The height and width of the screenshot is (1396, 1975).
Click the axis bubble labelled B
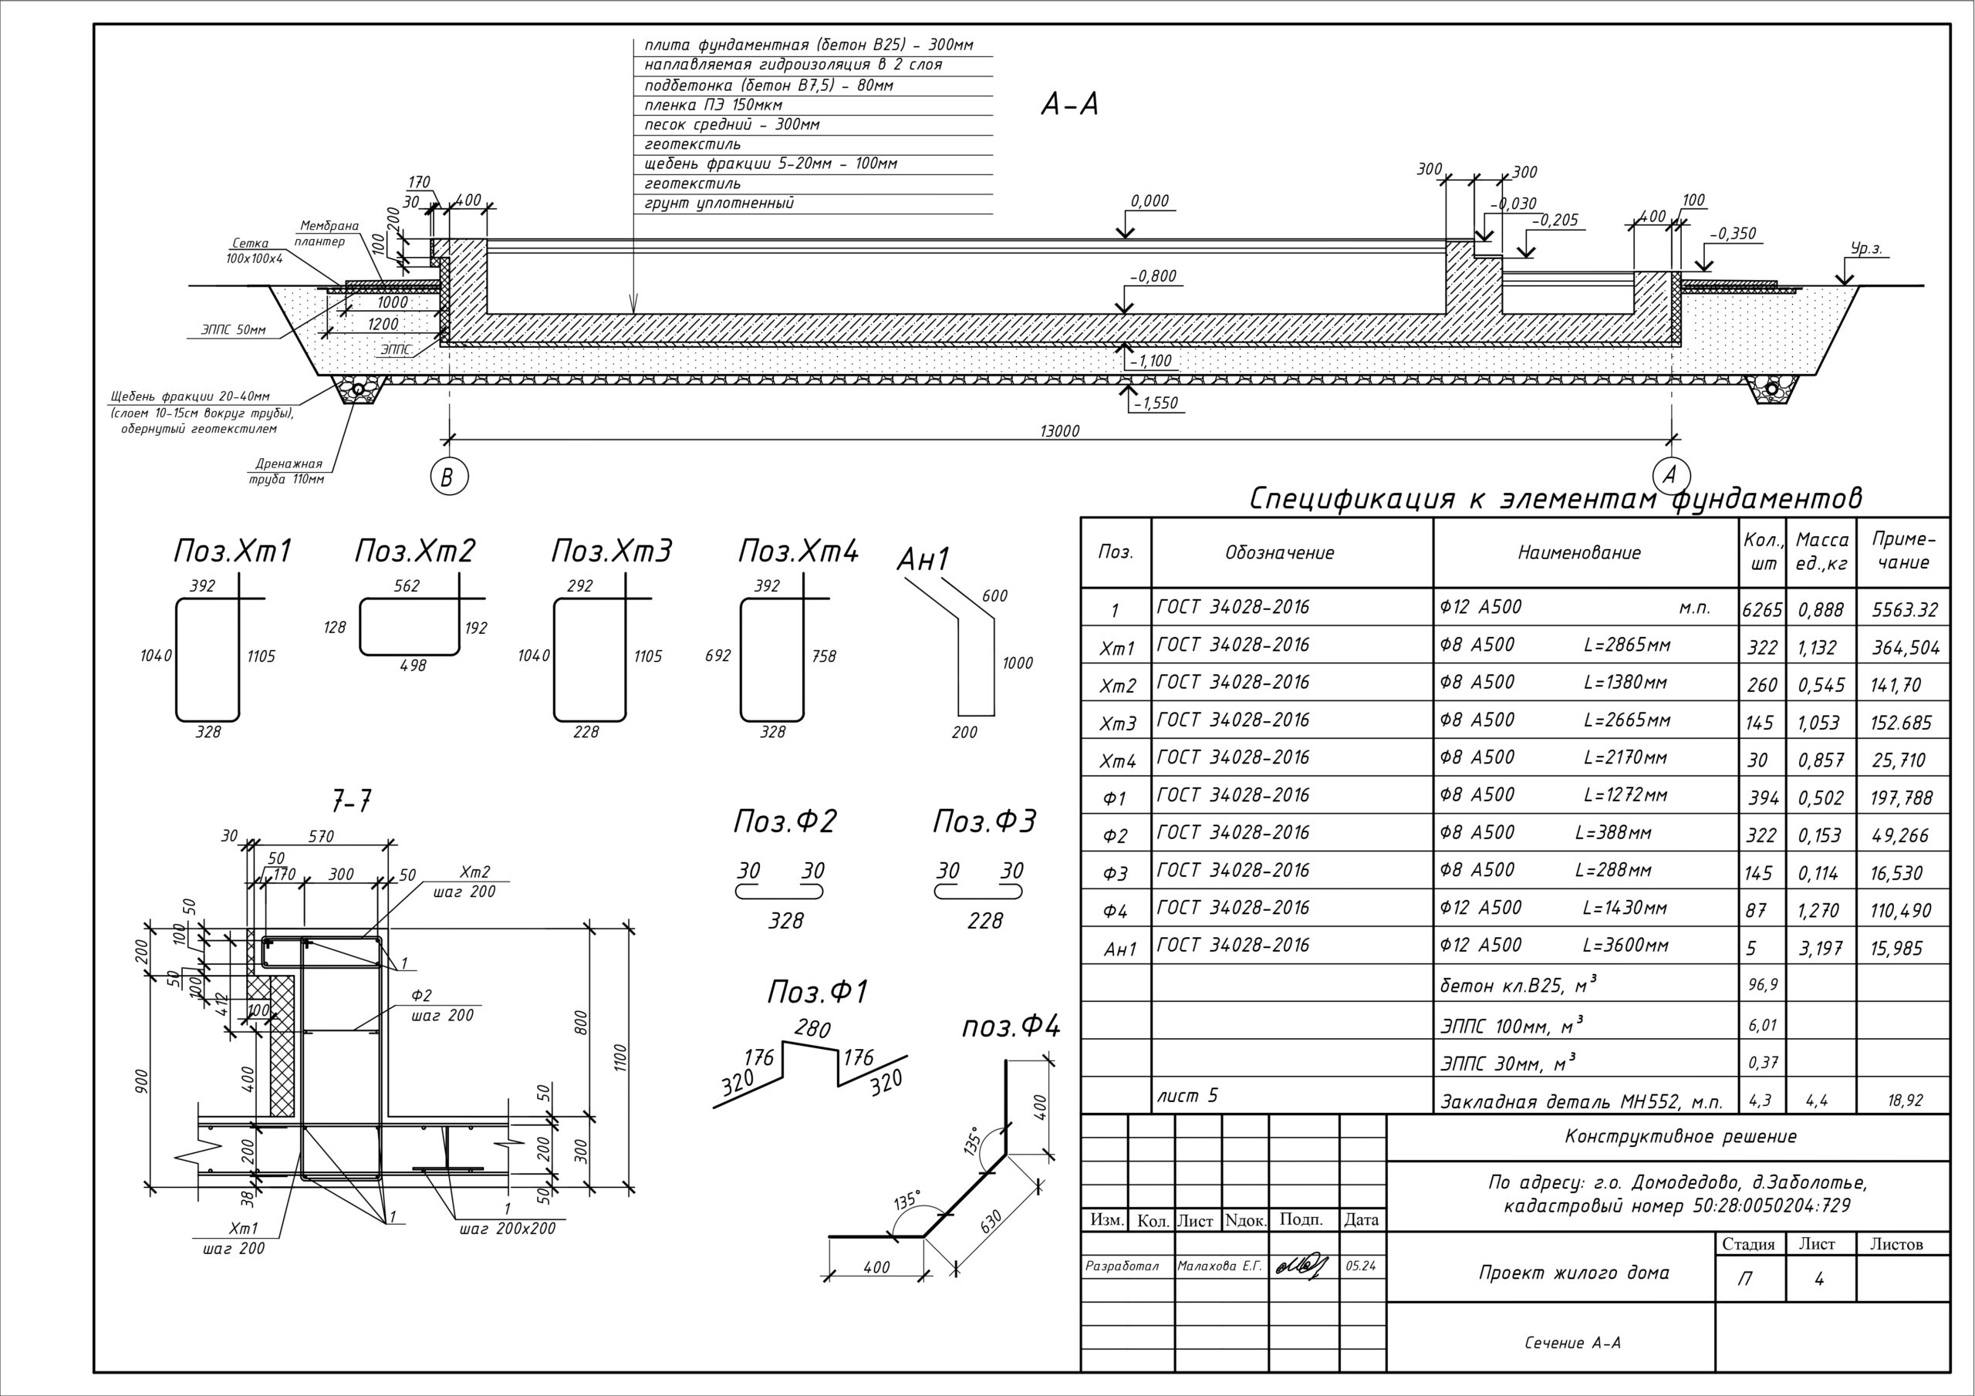click(448, 477)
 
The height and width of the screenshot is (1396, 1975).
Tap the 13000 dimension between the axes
click(1059, 432)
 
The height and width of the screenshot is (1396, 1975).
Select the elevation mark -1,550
click(1155, 403)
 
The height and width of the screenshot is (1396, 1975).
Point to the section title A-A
click(1069, 105)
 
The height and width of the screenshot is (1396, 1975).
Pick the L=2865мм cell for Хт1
click(1626, 645)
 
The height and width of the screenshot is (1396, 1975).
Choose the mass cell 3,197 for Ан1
click(1820, 948)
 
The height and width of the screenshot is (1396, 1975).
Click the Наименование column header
click(1578, 553)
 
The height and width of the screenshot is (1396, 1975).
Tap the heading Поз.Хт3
click(611, 551)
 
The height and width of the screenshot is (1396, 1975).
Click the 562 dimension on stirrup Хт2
click(406, 585)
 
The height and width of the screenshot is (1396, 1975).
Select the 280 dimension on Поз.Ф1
click(812, 1028)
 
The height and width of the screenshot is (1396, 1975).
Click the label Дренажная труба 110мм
click(287, 471)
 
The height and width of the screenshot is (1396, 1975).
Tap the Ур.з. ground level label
click(1867, 249)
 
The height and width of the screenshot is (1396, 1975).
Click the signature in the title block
click(1302, 1265)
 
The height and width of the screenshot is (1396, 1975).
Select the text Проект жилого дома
click(1573, 1272)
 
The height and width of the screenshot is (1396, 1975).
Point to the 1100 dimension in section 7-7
click(621, 1057)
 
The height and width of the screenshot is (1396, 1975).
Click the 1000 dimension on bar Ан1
click(1017, 663)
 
